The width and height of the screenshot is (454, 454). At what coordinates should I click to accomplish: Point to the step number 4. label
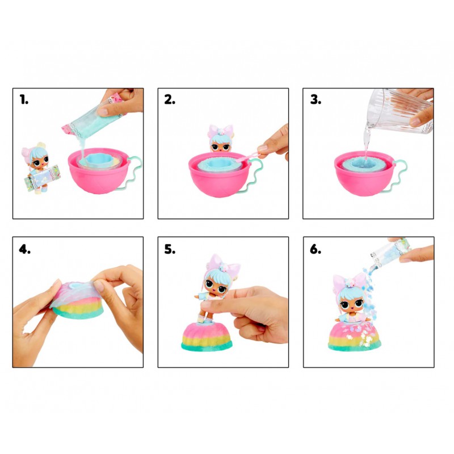[x=24, y=249]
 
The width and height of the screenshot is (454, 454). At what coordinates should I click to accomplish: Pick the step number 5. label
[x=170, y=249]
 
